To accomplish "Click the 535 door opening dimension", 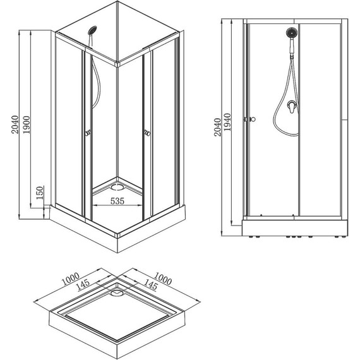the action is pos(117,201).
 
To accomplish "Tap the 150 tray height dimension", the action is pos(40,193).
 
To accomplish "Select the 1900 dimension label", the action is pos(27,125).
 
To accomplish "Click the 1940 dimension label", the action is pos(227,122).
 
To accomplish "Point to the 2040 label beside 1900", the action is pos(15,125).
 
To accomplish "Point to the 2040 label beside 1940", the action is pos(217,127).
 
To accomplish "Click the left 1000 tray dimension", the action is pos(71,279).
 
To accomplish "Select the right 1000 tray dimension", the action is pos(163,279).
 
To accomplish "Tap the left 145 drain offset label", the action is pos(83,285).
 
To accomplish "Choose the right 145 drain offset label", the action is pos(150,285).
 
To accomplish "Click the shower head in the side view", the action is pos(292,33).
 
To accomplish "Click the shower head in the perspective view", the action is pos(92,30).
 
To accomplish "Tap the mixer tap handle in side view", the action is pos(292,107).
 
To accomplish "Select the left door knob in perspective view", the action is pos(88,133).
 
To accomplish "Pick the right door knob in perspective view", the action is pos(147,133).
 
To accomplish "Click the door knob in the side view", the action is pos(253,119).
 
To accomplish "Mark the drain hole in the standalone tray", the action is pos(117,292).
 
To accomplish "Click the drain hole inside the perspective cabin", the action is pos(117,186).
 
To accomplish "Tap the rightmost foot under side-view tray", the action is pos(344,237).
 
